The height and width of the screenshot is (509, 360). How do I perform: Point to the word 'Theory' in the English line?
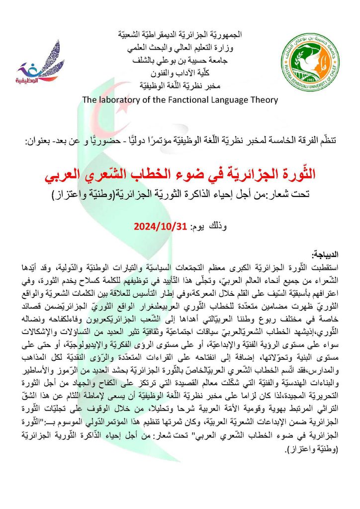tap(262, 100)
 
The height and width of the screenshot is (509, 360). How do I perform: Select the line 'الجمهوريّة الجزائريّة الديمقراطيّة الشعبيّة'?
tap(180, 35)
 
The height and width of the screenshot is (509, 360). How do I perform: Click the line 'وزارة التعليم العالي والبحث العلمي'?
tap(180, 48)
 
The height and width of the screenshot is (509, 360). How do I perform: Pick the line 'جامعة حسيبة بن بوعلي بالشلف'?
tap(180, 61)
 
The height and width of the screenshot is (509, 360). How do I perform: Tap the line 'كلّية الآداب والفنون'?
tap(180, 74)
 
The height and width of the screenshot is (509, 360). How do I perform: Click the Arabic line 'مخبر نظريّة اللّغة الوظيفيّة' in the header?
tap(180, 86)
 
